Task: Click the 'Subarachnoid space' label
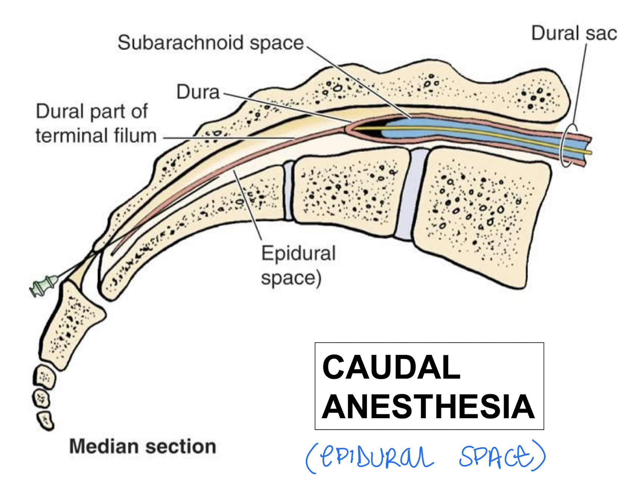click(x=211, y=42)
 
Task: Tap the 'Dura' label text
click(x=198, y=92)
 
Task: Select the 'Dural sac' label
click(x=574, y=33)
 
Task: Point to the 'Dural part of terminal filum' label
click(x=96, y=123)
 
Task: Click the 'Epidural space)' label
click(x=298, y=265)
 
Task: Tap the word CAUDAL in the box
click(x=391, y=367)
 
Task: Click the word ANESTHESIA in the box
click(x=429, y=407)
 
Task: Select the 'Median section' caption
click(x=142, y=446)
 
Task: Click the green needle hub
click(x=43, y=286)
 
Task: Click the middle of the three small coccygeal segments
click(x=41, y=398)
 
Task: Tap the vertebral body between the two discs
click(x=348, y=191)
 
